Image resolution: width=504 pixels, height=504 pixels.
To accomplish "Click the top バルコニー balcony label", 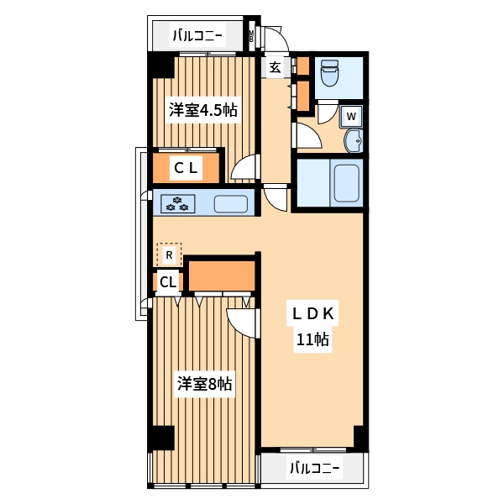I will point(197,35).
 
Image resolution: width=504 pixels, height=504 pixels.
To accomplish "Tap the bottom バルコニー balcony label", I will point(315,468).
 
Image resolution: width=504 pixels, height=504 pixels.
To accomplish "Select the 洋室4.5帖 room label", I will point(202,110).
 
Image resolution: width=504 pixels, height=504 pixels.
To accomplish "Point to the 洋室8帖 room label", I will point(204,384).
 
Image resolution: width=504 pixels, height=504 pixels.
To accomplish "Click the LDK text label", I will point(312,314).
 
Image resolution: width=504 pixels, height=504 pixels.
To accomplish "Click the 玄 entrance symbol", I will point(275,68).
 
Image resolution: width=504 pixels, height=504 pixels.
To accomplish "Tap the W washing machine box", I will point(352,116).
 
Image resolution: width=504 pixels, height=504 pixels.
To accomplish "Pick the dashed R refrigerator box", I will point(169,254).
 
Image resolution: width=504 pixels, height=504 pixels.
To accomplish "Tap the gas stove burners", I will point(179,203).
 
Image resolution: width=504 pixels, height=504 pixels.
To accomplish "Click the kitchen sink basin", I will point(231,203).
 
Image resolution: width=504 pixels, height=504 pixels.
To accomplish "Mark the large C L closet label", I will point(186,168).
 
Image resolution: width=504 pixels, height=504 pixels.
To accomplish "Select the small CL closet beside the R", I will point(168,282).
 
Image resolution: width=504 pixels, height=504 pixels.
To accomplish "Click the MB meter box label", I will point(251,37).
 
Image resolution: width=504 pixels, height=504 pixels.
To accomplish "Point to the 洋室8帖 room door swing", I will point(242,321).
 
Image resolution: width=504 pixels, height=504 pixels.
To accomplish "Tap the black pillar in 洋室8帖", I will point(160,439).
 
